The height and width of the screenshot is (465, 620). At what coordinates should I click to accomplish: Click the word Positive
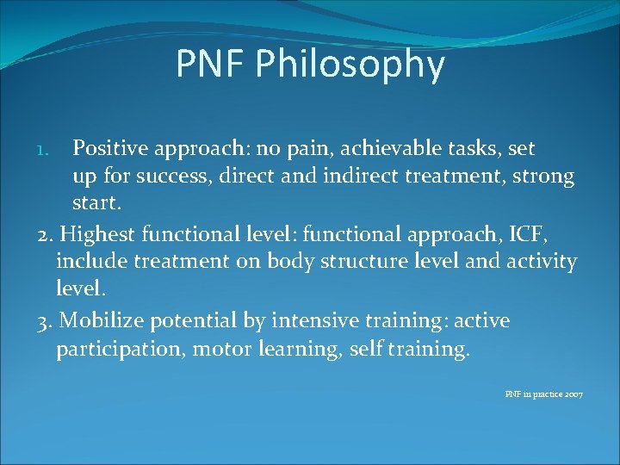pyautogui.click(x=110, y=149)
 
